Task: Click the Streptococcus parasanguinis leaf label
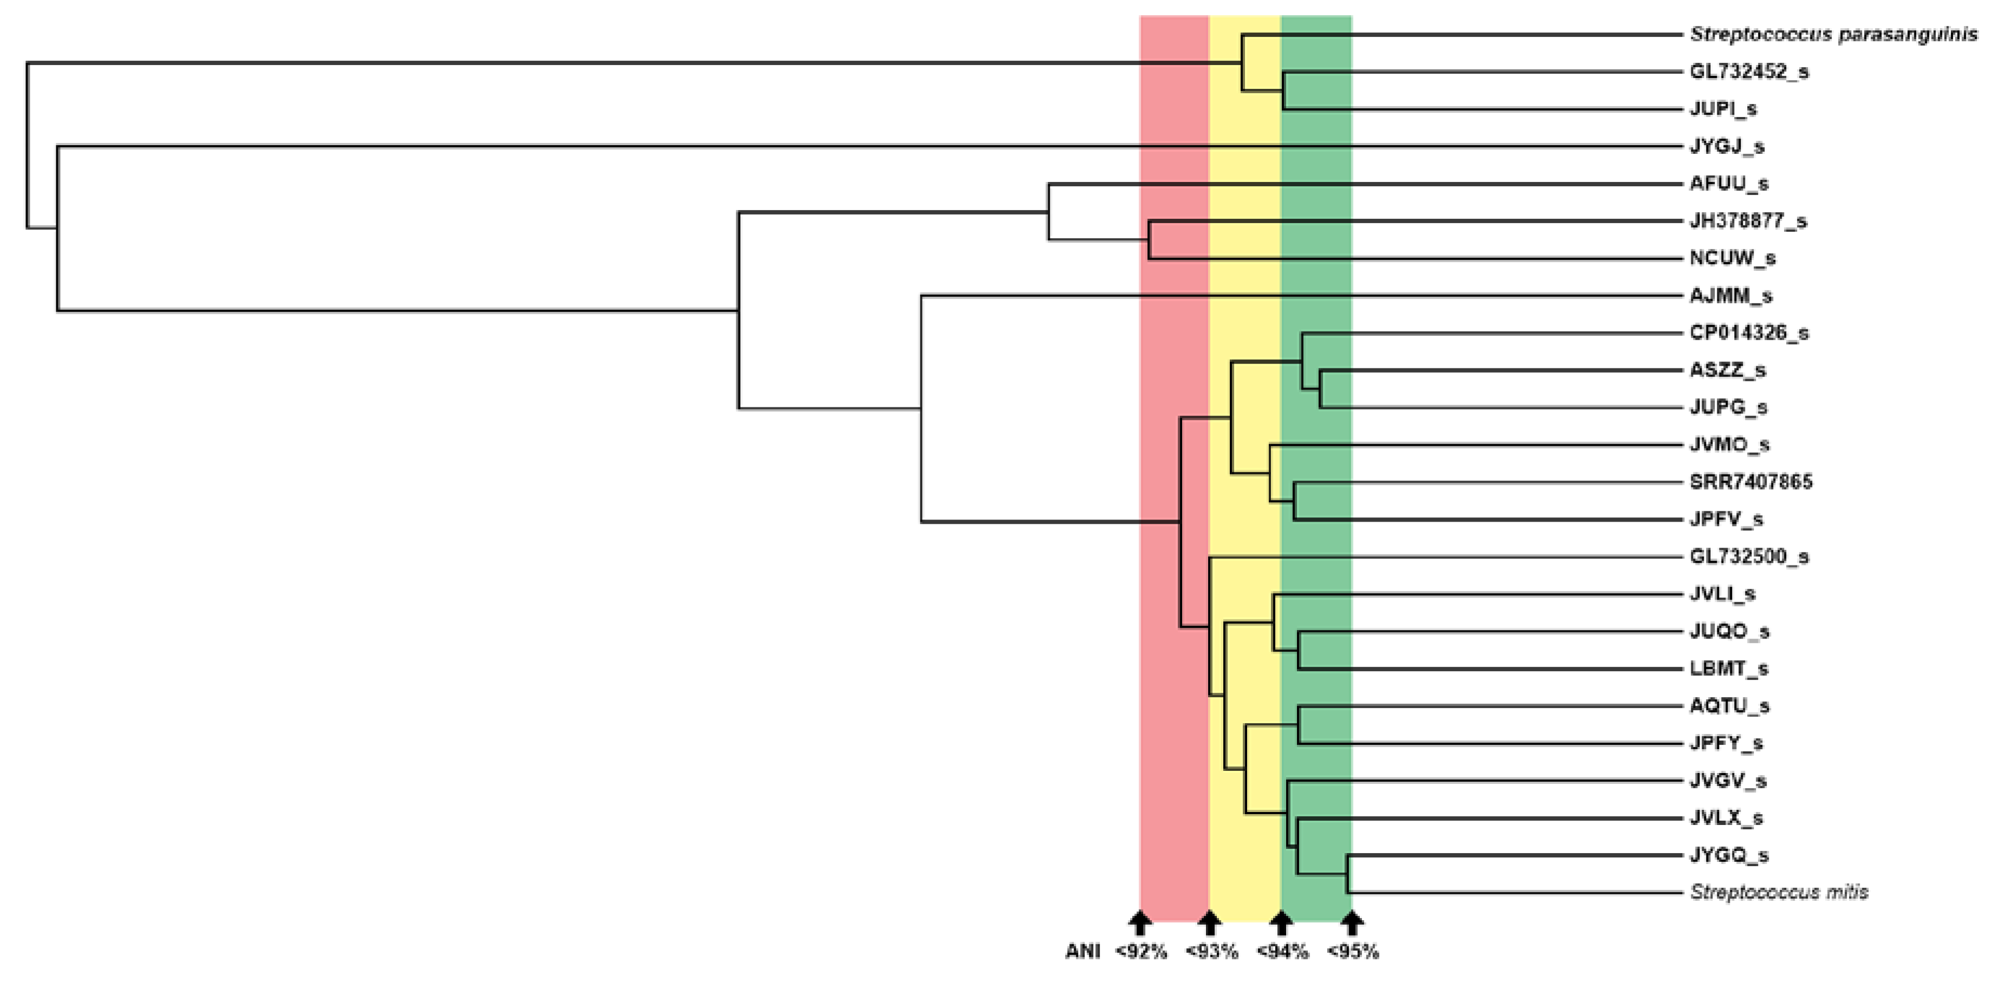click(x=1833, y=35)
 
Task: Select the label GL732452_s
click(x=1749, y=72)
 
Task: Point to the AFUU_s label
click(x=1729, y=184)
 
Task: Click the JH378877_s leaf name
click(x=1748, y=221)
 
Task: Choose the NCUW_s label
click(x=1732, y=258)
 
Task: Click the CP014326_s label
click(x=1749, y=333)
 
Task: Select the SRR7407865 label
click(x=1750, y=482)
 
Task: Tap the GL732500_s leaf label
click(x=1749, y=557)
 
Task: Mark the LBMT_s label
click(x=1729, y=668)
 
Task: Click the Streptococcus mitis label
click(x=1779, y=893)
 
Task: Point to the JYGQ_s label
click(x=1729, y=855)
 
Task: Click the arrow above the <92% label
click(x=1139, y=923)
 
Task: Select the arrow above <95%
click(x=1352, y=923)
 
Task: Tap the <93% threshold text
click(x=1211, y=952)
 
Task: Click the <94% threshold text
click(x=1282, y=952)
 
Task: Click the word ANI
click(x=1082, y=952)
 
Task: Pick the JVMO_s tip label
click(x=1730, y=444)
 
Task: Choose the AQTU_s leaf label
click(x=1730, y=706)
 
